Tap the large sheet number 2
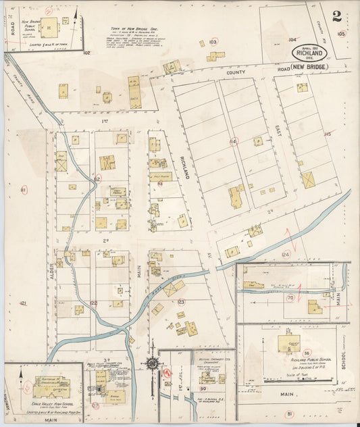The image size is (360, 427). [x=336, y=16]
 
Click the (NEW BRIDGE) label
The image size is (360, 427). [x=309, y=68]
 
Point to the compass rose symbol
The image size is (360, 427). [x=153, y=364]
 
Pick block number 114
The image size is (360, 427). [x=234, y=141]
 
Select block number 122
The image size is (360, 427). [x=94, y=303]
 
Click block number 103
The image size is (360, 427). [x=213, y=42]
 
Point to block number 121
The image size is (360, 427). [x=24, y=304]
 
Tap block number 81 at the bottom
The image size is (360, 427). [x=290, y=413]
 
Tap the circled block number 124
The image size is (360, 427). [x=285, y=254]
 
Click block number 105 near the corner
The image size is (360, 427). [x=341, y=32]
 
